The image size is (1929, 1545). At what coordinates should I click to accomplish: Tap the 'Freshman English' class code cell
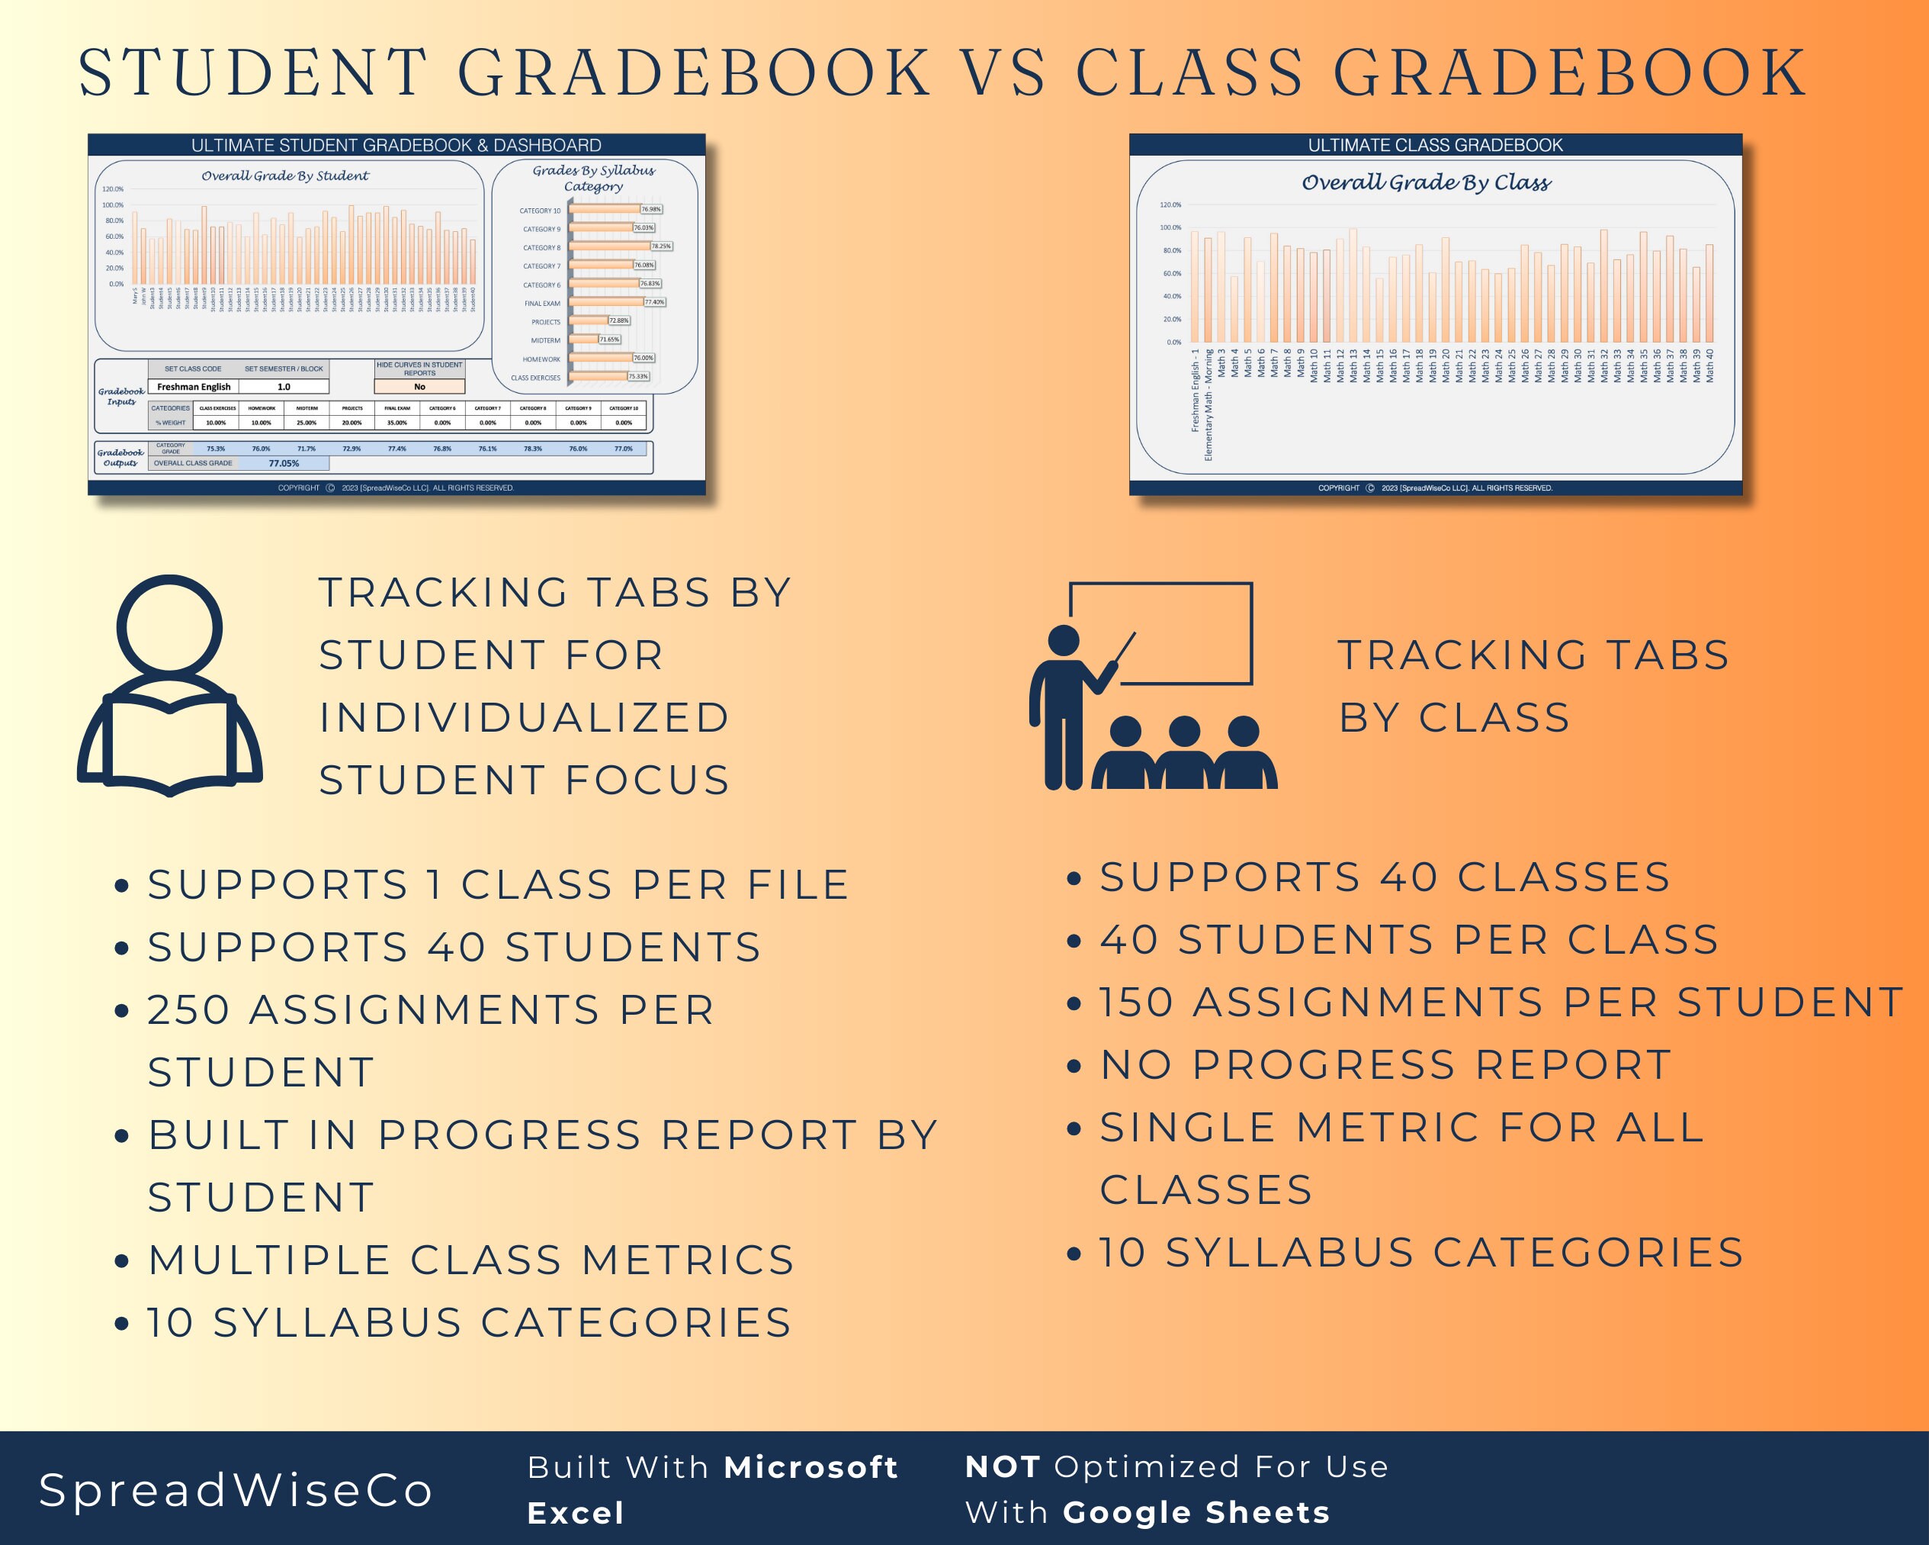point(193,387)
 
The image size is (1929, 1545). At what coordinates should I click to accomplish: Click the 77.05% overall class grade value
point(284,463)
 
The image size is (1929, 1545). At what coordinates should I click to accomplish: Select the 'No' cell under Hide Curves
point(419,387)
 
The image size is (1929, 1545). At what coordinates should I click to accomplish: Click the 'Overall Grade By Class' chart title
point(1427,182)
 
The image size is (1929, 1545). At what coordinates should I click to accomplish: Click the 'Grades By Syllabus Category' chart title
point(593,178)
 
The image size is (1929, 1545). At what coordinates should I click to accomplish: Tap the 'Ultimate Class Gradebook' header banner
point(1435,145)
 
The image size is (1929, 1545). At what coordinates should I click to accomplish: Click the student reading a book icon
point(170,686)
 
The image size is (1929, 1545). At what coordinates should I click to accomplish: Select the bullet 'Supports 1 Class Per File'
point(497,885)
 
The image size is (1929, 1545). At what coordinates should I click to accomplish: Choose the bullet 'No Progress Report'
point(1385,1065)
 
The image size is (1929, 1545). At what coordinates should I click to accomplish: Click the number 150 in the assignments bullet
point(1135,1003)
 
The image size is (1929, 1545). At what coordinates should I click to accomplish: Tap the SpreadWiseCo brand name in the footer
point(236,1490)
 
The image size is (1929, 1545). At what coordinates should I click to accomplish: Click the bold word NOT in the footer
point(1002,1467)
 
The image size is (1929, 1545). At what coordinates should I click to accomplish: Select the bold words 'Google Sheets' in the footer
point(1196,1513)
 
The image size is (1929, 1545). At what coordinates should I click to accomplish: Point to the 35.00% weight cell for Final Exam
point(396,423)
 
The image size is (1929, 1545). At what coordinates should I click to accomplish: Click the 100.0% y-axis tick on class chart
point(1170,227)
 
